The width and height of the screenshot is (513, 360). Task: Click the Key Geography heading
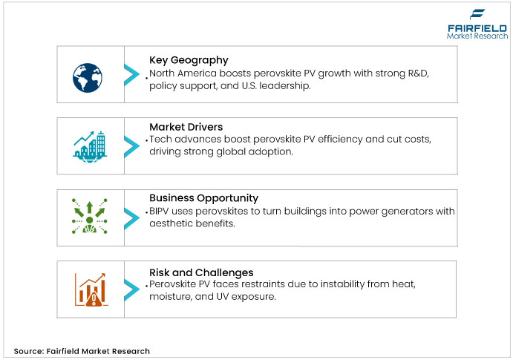[189, 60]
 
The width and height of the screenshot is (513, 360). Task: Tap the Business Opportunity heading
[203, 198]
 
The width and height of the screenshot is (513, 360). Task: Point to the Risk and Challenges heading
[201, 272]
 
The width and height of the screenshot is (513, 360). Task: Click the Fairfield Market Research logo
[477, 24]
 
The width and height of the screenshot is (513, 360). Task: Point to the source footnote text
[82, 350]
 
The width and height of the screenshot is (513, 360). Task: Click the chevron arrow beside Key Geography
[131, 74]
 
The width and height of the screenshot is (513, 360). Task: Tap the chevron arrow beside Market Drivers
[131, 145]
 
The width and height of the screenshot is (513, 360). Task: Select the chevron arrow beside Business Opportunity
[131, 217]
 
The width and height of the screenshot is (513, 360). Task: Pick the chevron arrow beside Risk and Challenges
[131, 289]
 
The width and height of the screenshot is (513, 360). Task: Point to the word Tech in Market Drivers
[161, 140]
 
